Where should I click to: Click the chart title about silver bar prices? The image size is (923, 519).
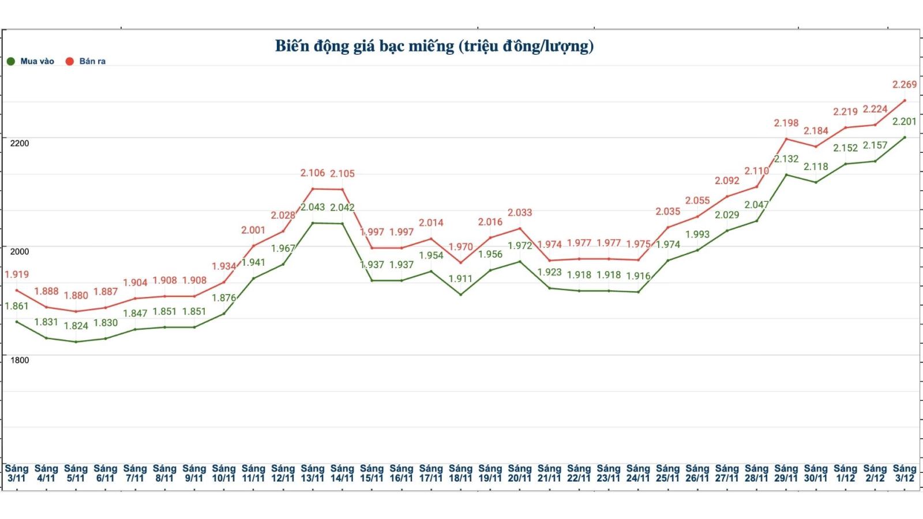point(434,46)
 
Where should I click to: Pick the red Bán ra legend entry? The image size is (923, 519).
point(86,61)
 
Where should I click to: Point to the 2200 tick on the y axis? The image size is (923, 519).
point(20,143)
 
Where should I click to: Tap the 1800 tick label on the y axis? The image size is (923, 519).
point(20,360)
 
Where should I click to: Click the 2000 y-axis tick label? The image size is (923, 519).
point(20,251)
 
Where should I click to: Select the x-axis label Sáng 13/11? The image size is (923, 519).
point(313,473)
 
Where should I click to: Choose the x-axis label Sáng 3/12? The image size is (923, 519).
point(904,473)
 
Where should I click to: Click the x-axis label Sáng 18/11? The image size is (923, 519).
point(460,473)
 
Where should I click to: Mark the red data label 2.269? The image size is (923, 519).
point(904,85)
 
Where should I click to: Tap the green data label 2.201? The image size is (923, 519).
point(904,122)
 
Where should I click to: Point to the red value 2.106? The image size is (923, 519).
point(313,173)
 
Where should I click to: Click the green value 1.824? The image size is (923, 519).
point(76,326)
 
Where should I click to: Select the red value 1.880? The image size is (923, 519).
point(76,296)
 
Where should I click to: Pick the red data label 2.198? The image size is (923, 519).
point(786,123)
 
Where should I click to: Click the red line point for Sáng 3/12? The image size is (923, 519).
point(905,100)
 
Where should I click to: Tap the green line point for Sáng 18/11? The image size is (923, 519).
point(460,295)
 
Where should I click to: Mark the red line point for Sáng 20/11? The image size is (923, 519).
point(520,228)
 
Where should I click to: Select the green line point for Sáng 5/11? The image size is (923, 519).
point(76,342)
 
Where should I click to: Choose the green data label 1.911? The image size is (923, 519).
point(460,279)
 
